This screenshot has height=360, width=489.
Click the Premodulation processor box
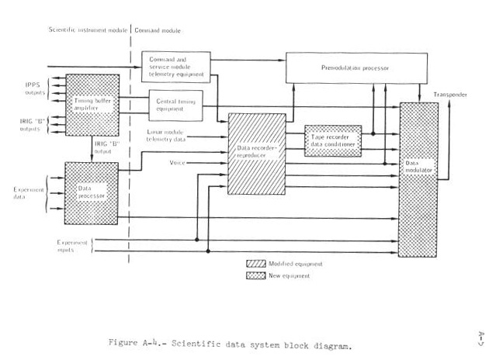point(353,68)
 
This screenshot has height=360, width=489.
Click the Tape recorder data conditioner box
point(332,140)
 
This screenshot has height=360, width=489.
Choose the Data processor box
point(90,192)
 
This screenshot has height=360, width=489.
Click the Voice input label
point(178,162)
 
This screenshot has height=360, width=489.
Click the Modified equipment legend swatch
point(255,264)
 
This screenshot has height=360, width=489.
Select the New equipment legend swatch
point(255,275)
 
